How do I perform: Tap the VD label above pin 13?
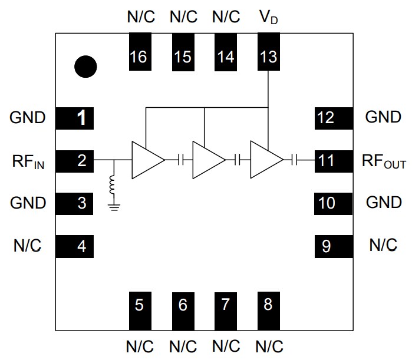click(268, 17)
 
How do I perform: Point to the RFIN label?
click(27, 161)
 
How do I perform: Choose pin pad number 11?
click(332, 160)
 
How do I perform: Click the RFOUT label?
click(384, 161)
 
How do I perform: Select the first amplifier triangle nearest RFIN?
click(145, 160)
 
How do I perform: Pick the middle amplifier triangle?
click(206, 160)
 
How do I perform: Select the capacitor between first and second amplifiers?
click(182, 160)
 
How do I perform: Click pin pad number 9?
click(332, 246)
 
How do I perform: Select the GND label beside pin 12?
click(384, 117)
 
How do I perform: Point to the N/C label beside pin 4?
click(27, 246)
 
